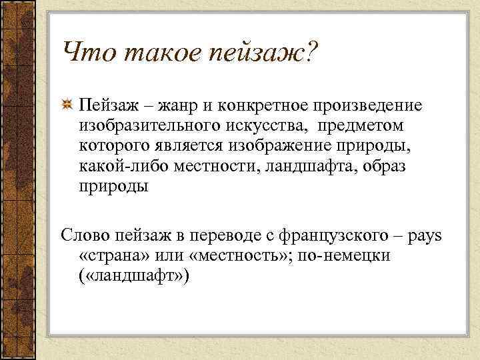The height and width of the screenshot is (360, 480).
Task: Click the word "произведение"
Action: [x=371, y=105]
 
